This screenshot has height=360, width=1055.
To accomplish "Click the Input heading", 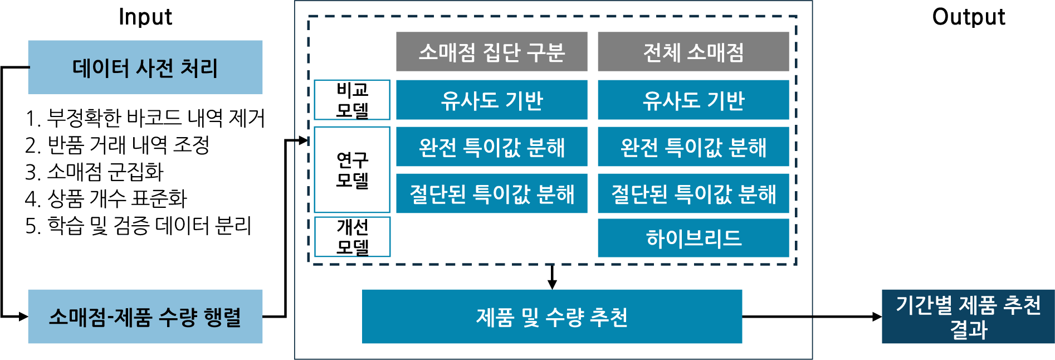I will pyautogui.click(x=145, y=17).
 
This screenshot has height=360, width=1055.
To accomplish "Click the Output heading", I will pyautogui.click(x=969, y=17).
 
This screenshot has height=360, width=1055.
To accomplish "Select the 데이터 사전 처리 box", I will pyautogui.click(x=145, y=67).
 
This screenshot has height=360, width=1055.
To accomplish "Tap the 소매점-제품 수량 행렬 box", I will pyautogui.click(x=145, y=317).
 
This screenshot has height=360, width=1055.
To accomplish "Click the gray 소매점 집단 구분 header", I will pyautogui.click(x=491, y=52).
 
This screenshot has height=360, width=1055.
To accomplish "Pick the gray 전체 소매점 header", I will pyautogui.click(x=693, y=52).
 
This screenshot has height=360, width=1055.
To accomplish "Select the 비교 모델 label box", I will pyautogui.click(x=352, y=100).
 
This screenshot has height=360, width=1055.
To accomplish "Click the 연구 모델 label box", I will pyautogui.click(x=352, y=169).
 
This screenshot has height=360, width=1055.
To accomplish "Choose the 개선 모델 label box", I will pyautogui.click(x=352, y=237).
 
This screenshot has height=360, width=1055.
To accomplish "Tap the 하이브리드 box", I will pyautogui.click(x=693, y=238).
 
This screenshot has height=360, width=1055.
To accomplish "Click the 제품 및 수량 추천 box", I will pyautogui.click(x=551, y=317).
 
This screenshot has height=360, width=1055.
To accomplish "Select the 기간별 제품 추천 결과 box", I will pyautogui.click(x=968, y=317).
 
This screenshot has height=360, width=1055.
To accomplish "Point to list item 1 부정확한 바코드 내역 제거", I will pyautogui.click(x=145, y=118).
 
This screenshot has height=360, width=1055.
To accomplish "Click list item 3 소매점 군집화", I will pyautogui.click(x=95, y=172).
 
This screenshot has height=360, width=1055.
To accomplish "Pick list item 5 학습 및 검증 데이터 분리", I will pyautogui.click(x=139, y=226).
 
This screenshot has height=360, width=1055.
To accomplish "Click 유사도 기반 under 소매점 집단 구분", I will pyautogui.click(x=491, y=100).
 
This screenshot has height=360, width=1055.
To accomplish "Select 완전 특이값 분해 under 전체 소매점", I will pyautogui.click(x=693, y=147).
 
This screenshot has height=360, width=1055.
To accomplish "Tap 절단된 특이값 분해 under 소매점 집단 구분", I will pyautogui.click(x=491, y=193).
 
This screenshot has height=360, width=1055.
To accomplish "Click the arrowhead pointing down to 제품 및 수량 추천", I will pyautogui.click(x=552, y=284).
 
